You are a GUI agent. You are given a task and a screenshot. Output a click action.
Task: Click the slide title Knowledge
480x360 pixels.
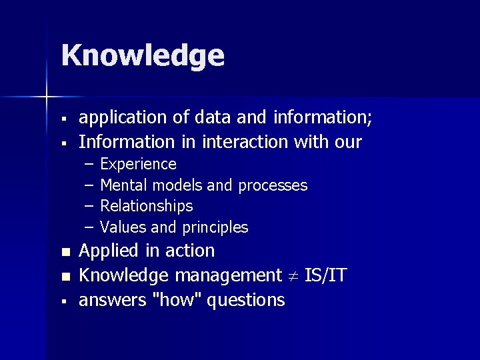point(143,56)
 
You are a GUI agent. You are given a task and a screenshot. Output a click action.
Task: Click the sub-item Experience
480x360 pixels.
point(138,164)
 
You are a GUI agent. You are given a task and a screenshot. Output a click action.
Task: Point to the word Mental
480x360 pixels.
point(124,185)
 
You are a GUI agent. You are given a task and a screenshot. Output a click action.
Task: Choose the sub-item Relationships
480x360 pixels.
point(146,206)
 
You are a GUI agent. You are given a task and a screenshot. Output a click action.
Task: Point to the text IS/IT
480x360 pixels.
point(325,275)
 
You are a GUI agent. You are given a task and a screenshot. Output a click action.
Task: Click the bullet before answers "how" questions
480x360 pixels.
point(65,301)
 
